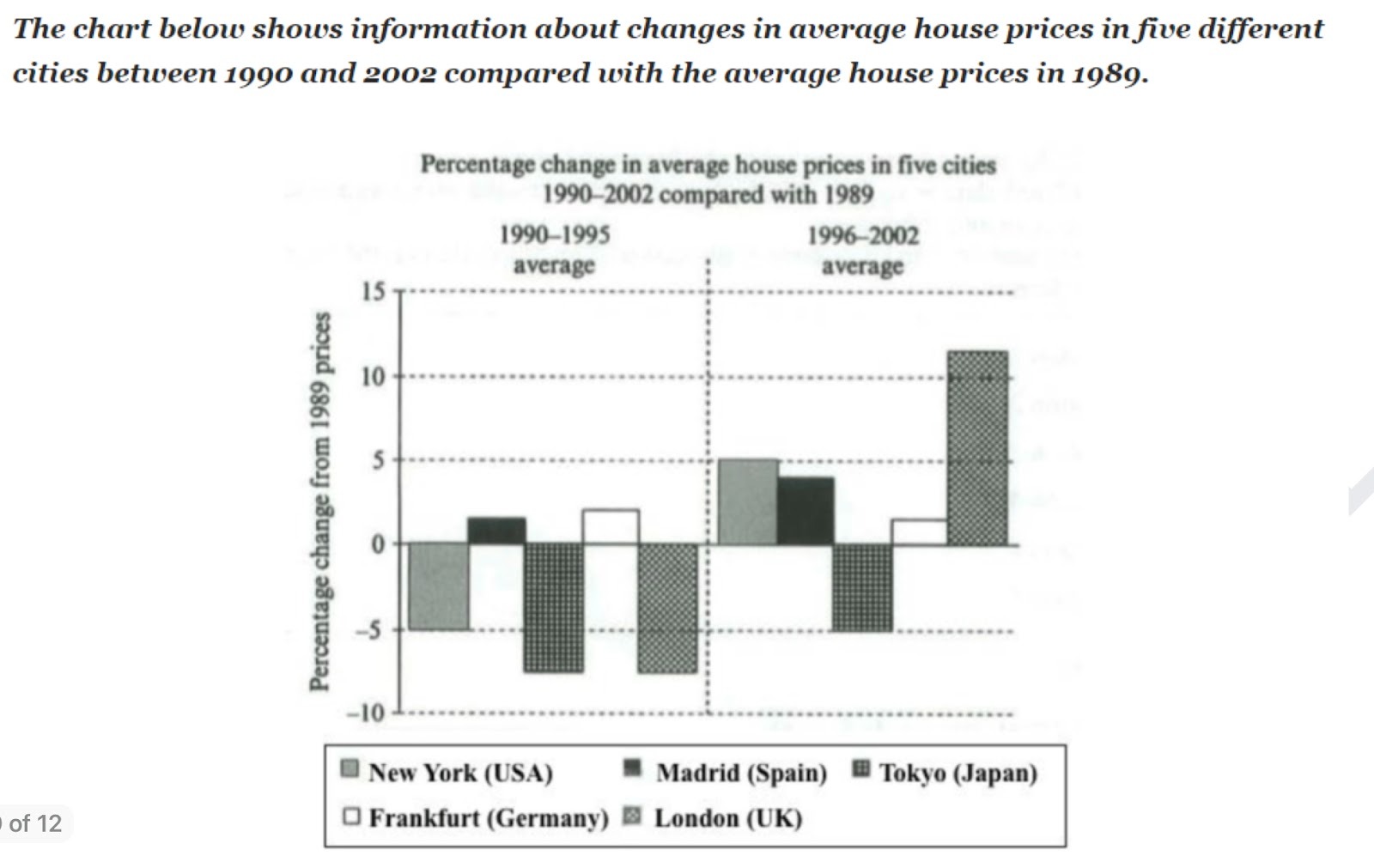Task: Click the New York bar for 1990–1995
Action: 439,586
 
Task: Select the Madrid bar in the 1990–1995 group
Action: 496,531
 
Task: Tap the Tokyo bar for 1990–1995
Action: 554,607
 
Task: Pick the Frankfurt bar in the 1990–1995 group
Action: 611,526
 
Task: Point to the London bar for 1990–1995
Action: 668,607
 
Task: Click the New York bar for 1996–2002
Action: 748,501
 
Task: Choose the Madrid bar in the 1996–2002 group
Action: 806,510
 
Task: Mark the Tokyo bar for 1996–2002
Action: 862,587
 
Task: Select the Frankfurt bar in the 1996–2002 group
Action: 919,531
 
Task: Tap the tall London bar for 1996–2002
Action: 977,447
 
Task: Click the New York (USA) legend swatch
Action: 350,768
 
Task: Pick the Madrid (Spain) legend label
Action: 741,773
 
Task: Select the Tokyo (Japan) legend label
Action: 958,773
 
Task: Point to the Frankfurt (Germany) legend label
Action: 488,817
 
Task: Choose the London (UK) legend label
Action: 728,817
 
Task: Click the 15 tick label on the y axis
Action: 374,292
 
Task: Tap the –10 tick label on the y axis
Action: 367,712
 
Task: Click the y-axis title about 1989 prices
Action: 319,501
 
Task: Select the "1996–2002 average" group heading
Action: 862,250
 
